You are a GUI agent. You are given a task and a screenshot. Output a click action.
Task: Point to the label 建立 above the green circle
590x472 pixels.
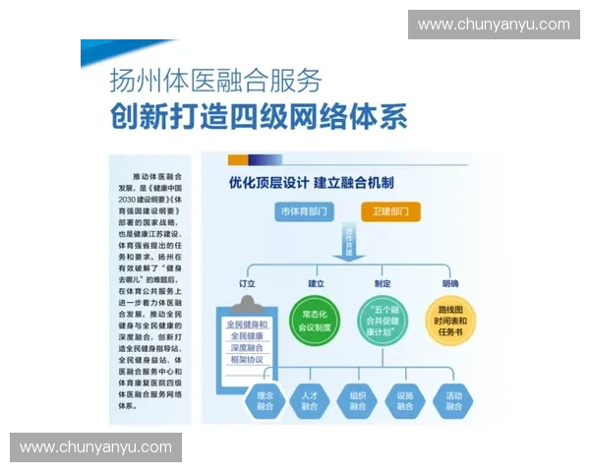tap(316, 283)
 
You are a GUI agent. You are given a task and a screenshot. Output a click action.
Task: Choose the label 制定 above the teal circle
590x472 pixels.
tap(383, 283)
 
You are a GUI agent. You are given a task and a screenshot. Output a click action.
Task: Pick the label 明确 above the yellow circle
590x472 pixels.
tap(449, 283)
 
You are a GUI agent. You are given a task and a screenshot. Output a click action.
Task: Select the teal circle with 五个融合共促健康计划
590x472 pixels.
tap(383, 321)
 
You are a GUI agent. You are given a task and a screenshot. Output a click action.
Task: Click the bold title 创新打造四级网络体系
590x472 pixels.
tap(259, 117)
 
